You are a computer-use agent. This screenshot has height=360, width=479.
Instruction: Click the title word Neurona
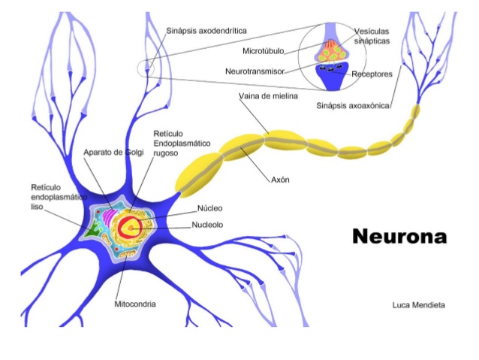(x=399, y=237)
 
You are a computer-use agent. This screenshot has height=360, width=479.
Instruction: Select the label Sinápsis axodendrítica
(x=206, y=31)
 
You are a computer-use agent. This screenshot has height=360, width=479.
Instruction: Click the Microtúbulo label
(x=262, y=53)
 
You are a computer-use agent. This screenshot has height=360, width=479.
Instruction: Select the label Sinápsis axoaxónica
(x=354, y=106)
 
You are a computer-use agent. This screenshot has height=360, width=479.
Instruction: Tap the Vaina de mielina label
(x=268, y=97)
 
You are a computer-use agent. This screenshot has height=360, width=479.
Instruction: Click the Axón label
(x=279, y=180)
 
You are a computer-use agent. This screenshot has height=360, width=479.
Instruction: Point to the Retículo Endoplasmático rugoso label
(x=181, y=142)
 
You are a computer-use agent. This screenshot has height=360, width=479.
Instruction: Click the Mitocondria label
(x=135, y=304)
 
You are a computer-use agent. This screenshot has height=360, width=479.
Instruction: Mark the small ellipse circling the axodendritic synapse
(x=145, y=70)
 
